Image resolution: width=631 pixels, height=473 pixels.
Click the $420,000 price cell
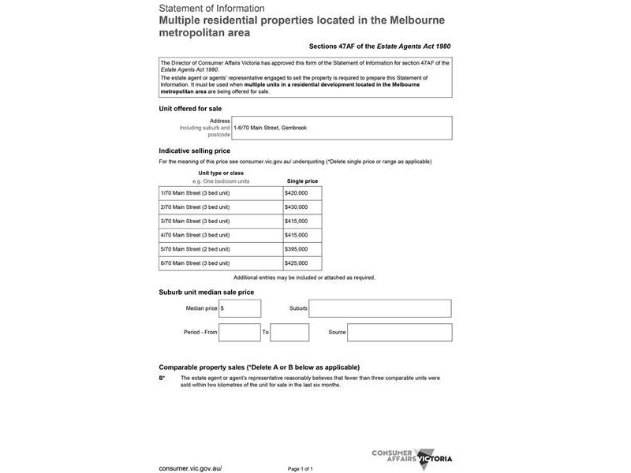click(x=302, y=192)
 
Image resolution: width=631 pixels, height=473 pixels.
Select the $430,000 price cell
click(x=302, y=207)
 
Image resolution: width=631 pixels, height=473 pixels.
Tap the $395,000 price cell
click(x=302, y=249)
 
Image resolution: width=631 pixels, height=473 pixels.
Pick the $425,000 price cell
click(x=302, y=263)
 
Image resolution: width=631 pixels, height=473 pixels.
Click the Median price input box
click(x=240, y=308)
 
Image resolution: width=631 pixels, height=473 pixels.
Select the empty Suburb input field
click(x=380, y=308)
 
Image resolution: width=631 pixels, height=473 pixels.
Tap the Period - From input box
click(x=240, y=332)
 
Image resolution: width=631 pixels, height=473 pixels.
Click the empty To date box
click(x=289, y=332)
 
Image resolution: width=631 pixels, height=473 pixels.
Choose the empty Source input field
click(x=399, y=332)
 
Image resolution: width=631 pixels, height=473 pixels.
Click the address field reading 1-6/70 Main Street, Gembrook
click(x=342, y=128)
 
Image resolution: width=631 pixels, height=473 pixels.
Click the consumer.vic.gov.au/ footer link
click(x=190, y=467)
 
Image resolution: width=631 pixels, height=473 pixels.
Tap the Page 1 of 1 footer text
click(x=301, y=468)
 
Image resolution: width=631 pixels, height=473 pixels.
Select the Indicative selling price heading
click(x=195, y=151)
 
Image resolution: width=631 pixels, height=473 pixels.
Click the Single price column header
click(x=302, y=181)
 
